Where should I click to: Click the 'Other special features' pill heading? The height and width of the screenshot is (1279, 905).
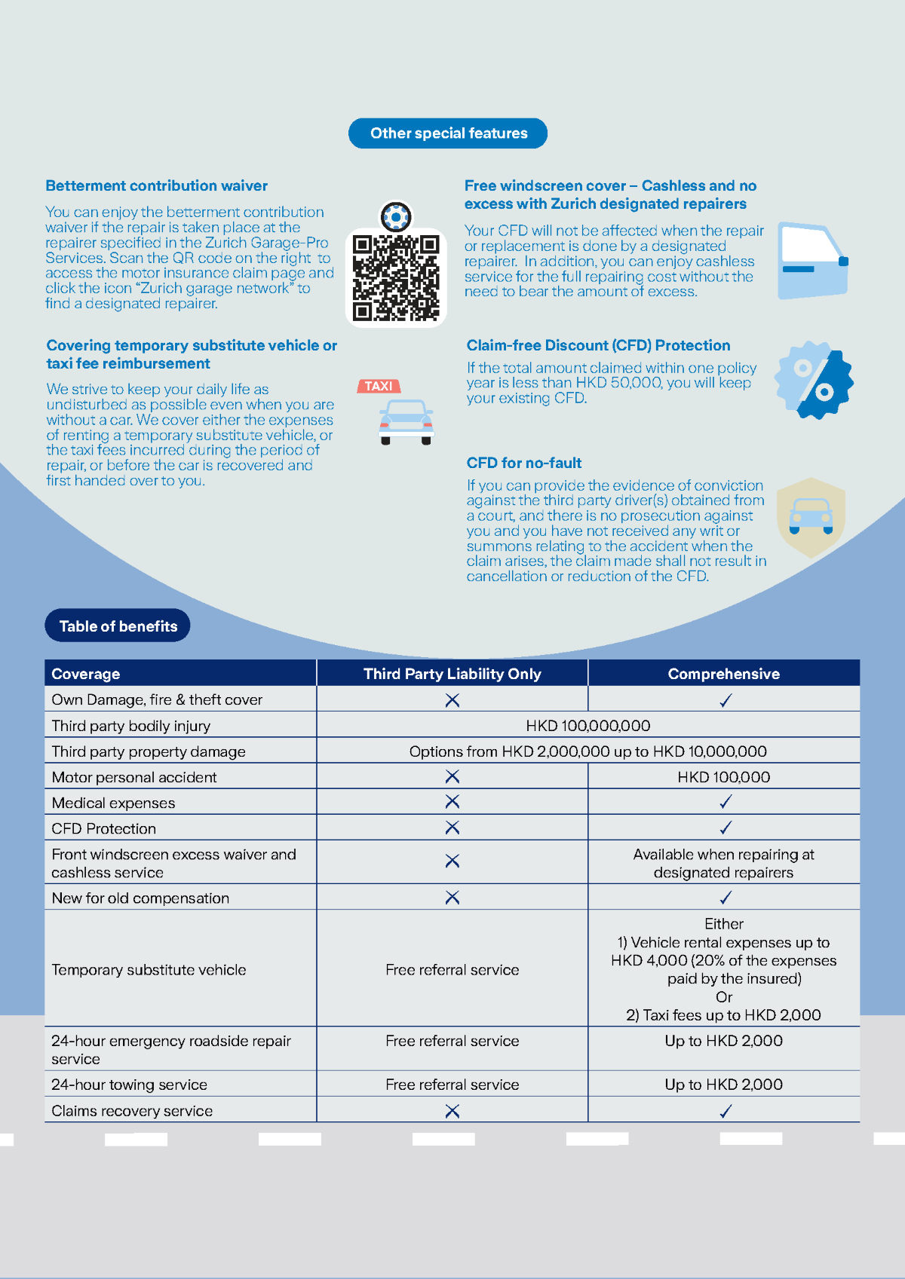point(448,133)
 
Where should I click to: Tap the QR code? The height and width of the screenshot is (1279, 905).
point(396,277)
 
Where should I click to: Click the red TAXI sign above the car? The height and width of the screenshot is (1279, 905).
point(379,386)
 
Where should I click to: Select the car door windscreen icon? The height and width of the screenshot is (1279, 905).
point(813,261)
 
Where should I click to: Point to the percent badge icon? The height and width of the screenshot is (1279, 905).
point(814,380)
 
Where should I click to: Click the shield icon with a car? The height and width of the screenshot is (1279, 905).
point(811,517)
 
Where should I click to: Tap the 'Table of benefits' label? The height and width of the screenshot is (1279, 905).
point(118,626)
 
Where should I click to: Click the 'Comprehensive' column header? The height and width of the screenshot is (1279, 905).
point(723,674)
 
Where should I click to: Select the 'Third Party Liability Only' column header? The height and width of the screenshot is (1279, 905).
point(452,674)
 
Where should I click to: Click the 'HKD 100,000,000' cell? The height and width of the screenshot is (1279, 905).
point(587,726)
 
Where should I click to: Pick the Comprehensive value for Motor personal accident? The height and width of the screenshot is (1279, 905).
point(723,777)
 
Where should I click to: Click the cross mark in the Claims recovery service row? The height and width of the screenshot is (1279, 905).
point(452,1111)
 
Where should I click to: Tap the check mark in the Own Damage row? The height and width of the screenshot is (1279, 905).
point(726,700)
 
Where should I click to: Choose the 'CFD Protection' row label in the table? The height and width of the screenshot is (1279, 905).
point(104,828)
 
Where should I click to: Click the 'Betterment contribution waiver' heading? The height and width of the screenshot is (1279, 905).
point(156,185)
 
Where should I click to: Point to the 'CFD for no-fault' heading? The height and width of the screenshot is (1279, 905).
point(524,463)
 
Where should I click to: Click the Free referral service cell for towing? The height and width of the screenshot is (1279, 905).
point(452,1085)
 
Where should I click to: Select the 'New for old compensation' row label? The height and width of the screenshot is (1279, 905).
point(140,898)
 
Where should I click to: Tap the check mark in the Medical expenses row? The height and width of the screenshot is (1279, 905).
point(726,803)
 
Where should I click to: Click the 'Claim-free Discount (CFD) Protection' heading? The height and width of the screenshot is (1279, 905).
point(598,345)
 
